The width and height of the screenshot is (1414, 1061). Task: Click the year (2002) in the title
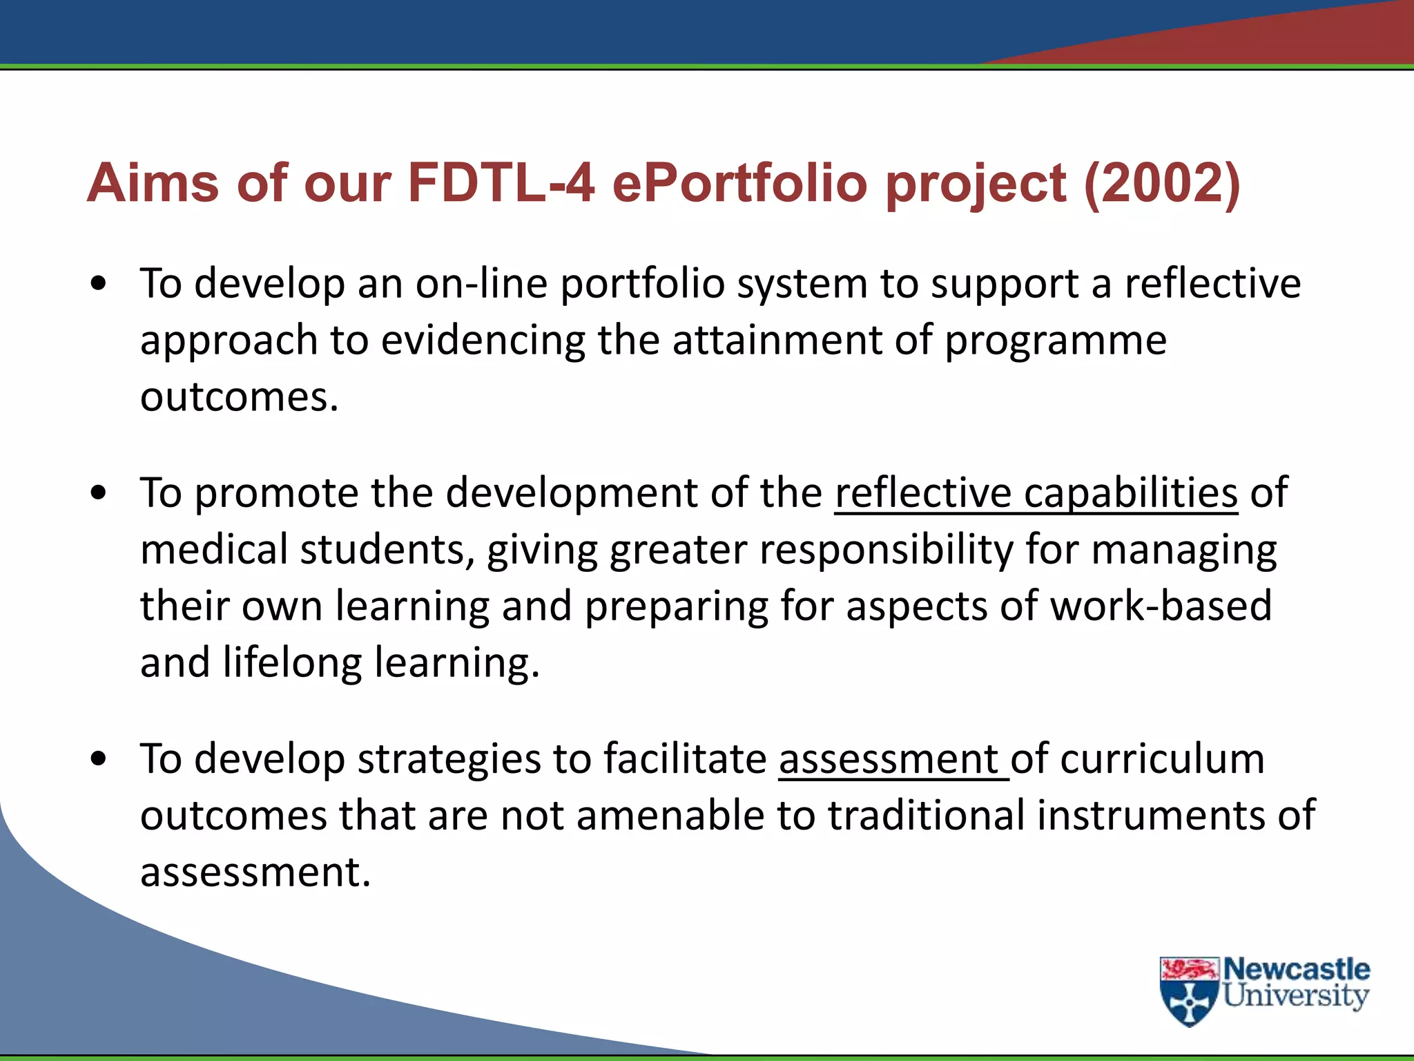tap(1162, 183)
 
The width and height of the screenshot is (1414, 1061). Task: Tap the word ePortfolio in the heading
tap(739, 183)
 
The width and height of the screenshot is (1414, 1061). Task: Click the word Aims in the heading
tap(153, 183)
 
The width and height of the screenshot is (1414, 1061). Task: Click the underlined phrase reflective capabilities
tap(1036, 493)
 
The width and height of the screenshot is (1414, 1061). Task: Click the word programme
tap(1055, 341)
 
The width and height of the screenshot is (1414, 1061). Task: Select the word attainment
tap(777, 341)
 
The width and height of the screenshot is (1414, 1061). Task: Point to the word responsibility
tap(886, 551)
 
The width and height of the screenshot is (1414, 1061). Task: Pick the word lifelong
tap(292, 663)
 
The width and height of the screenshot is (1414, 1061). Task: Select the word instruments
tap(1152, 815)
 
